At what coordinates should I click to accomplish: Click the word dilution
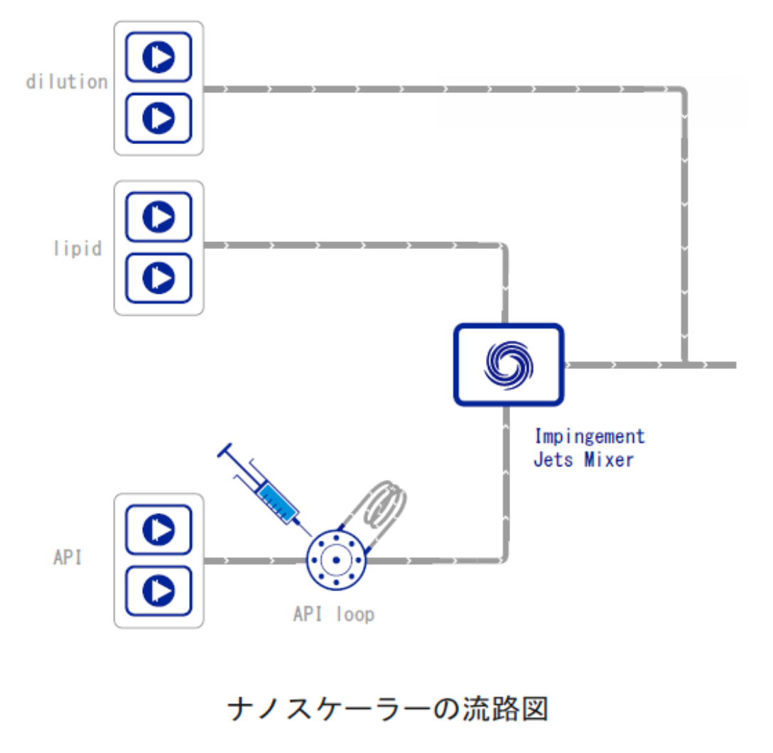(67, 82)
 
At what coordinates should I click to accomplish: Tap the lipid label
(77, 249)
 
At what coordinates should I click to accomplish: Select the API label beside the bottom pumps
(67, 557)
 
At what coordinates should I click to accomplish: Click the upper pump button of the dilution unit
(158, 57)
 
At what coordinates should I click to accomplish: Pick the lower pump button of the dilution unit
(158, 118)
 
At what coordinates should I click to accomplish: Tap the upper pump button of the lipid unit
(158, 216)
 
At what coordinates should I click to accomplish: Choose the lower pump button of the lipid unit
(158, 277)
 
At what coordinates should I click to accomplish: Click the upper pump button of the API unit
(158, 529)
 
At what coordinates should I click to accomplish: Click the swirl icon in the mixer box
(509, 364)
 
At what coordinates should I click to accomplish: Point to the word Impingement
(589, 435)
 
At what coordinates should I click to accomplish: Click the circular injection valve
(336, 559)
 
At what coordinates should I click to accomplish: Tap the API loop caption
(333, 614)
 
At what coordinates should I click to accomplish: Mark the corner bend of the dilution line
(683, 92)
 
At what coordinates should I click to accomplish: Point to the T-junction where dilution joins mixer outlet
(684, 365)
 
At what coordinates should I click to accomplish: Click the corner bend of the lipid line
(504, 248)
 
